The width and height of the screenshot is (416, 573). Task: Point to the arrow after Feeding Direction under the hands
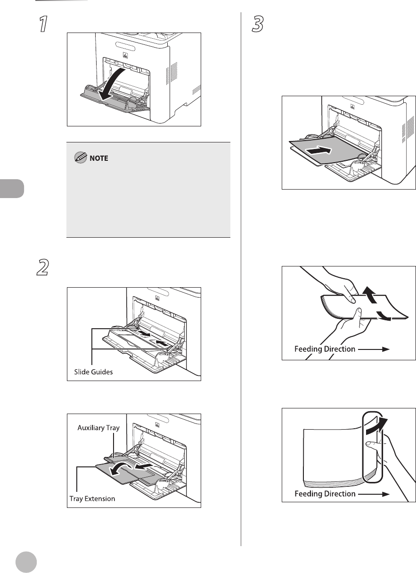(x=377, y=349)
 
